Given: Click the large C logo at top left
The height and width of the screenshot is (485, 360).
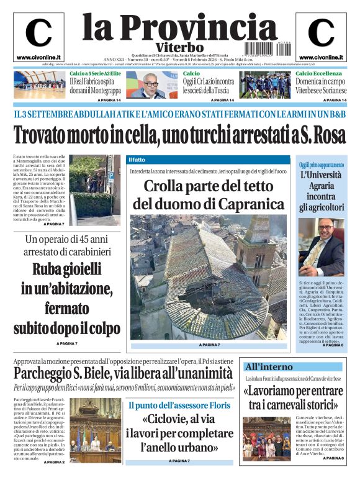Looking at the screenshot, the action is (38, 34).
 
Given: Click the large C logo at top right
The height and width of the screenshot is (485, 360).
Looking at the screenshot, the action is (321, 34).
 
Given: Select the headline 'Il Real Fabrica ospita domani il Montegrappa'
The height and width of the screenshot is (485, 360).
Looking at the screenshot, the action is (96, 85).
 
